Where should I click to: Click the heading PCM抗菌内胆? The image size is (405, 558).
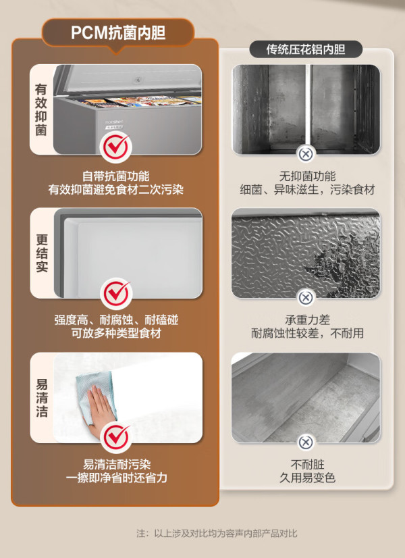(118, 32)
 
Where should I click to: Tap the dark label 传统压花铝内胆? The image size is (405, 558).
(306, 49)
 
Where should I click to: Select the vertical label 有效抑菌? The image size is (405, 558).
(41, 109)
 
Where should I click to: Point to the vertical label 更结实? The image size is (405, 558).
(41, 253)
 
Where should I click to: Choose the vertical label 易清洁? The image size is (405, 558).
(41, 397)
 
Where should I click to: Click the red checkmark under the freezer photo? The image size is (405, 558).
(115, 147)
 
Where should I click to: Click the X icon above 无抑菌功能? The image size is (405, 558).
(306, 154)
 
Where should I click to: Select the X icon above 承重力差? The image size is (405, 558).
(306, 297)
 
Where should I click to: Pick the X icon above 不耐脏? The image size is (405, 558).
(306, 442)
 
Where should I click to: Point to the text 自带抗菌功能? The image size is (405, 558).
(116, 176)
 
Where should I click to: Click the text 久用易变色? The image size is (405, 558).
(307, 478)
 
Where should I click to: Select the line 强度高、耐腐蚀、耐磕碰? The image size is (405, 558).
(116, 320)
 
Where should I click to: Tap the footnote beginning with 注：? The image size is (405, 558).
(217, 533)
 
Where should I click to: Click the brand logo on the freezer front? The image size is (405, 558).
(114, 122)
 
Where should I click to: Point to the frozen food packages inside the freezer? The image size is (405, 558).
(142, 101)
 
